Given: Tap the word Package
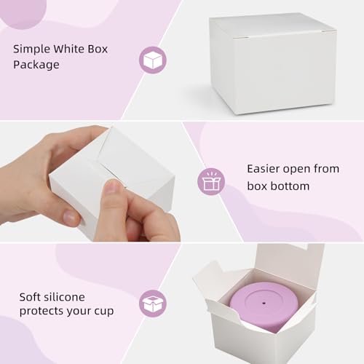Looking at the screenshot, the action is coord(36,65).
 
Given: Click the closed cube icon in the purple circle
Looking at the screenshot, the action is coord(153,60).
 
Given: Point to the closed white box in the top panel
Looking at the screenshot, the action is coord(272,63).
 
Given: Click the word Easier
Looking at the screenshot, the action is coord(264,169).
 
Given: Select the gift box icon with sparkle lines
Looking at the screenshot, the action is coord(211,181).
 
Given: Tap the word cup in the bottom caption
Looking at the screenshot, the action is coord(104,312).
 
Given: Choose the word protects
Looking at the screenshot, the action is coord(40,312).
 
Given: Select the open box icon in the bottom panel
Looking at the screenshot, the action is coord(153,304).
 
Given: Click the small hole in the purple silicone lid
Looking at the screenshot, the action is coord(264,303).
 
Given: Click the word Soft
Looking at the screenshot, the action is coord(28,297).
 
